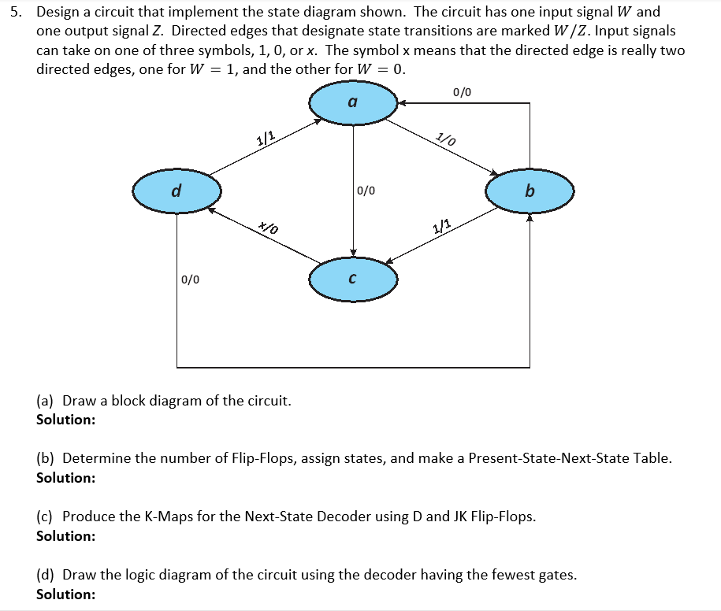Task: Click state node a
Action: tap(352, 102)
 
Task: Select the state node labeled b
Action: tap(530, 191)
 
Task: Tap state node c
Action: tap(352, 279)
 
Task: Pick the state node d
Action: tap(177, 191)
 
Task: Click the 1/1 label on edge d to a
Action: tap(266, 139)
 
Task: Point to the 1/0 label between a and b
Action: tap(446, 140)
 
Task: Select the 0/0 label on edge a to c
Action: tap(366, 191)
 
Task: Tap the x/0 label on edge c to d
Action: tap(269, 228)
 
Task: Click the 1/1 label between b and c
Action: tap(441, 228)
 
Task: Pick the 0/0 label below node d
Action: tap(190, 279)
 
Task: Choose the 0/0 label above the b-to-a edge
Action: tap(463, 91)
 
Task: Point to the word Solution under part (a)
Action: tap(66, 419)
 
